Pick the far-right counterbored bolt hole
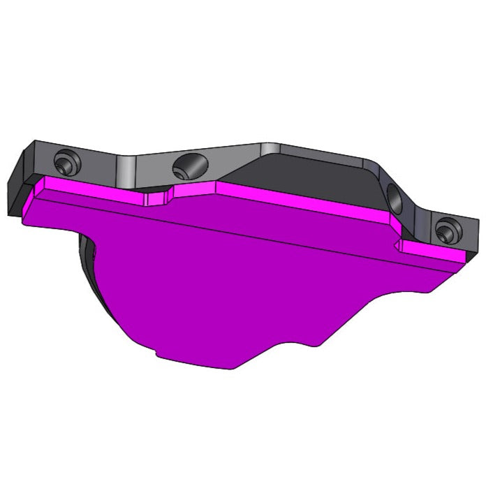pyautogui.click(x=445, y=230)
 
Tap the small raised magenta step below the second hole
pyautogui.click(x=156, y=199)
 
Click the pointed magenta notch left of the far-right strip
pyautogui.click(x=399, y=244)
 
